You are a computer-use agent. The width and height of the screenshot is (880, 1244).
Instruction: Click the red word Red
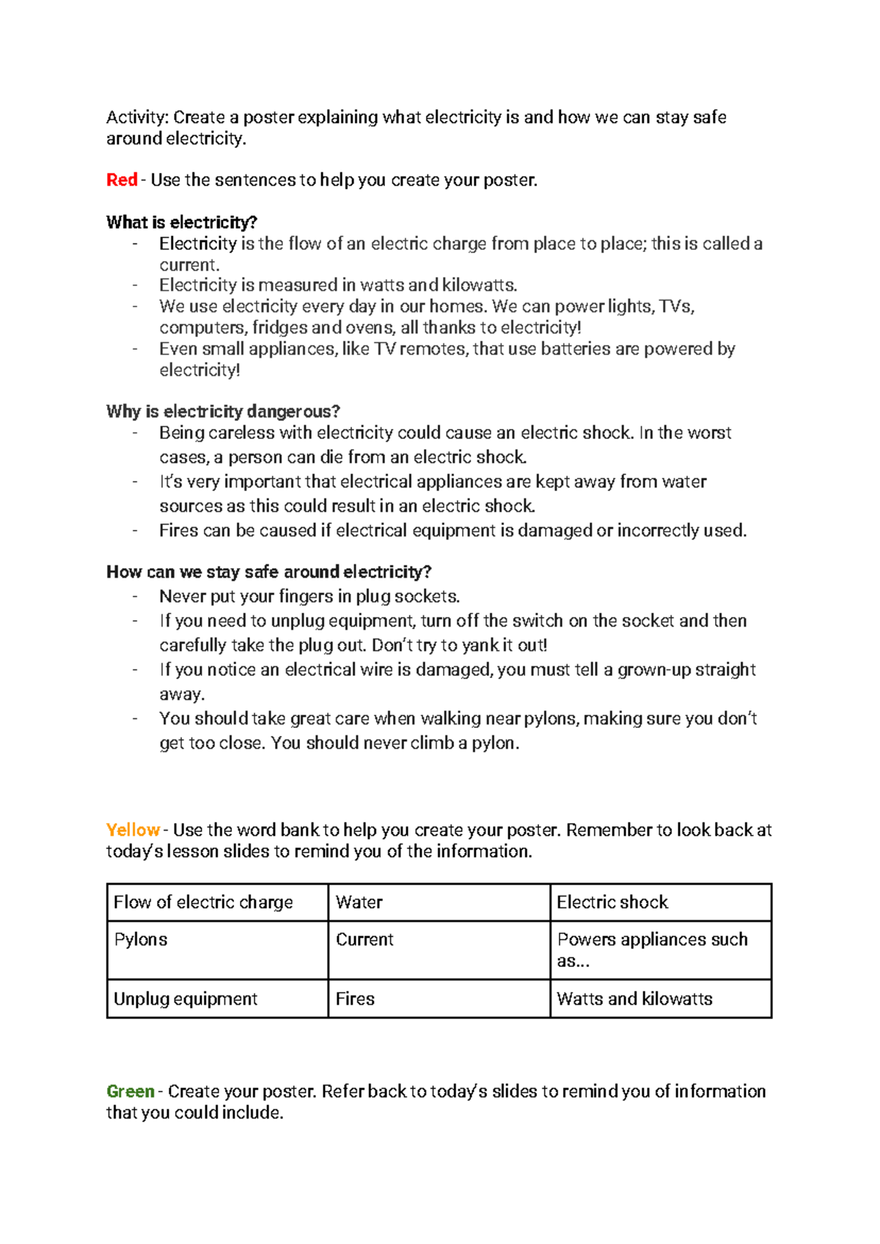point(122,180)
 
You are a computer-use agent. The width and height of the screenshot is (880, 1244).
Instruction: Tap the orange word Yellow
point(133,830)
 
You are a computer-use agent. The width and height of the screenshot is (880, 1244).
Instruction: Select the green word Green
point(131,1091)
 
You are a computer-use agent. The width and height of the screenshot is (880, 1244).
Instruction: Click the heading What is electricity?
point(181,222)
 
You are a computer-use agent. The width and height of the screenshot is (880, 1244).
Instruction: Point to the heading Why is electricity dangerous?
point(223,411)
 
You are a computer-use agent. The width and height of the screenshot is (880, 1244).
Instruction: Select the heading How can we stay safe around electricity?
point(268,572)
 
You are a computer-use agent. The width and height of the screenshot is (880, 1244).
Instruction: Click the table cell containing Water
point(439,902)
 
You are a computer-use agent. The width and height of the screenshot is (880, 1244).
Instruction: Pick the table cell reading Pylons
point(217,949)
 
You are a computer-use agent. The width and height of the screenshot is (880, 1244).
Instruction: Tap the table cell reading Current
point(439,949)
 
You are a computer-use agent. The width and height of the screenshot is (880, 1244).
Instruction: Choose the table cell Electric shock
point(660,902)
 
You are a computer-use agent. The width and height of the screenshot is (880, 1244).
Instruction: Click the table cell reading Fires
point(439,998)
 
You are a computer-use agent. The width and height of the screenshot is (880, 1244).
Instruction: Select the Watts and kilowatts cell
point(660,998)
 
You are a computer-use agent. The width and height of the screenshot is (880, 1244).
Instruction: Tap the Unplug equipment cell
point(217,998)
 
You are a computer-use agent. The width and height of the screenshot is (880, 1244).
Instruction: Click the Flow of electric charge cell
point(217,902)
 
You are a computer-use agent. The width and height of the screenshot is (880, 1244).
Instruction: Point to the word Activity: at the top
point(137,117)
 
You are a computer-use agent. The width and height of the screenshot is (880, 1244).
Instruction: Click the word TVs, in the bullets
point(676,306)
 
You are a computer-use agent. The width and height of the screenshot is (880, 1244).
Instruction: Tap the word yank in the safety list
point(480,646)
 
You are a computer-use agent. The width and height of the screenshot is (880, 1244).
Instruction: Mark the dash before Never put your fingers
point(135,596)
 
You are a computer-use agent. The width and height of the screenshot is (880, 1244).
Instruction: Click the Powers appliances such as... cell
point(660,949)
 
